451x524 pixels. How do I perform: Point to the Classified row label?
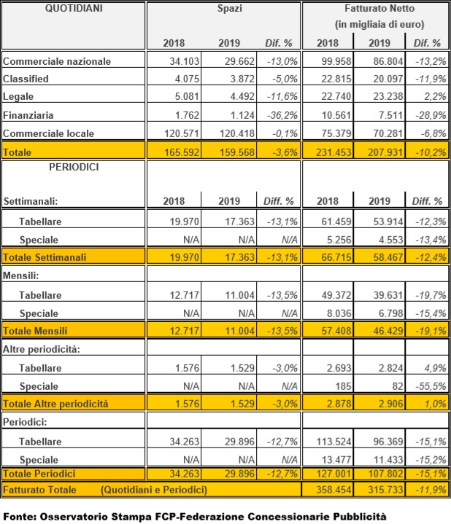pos(27,79)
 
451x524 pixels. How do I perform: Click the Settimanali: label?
pos(32,200)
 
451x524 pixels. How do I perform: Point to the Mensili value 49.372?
pos(336,294)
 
